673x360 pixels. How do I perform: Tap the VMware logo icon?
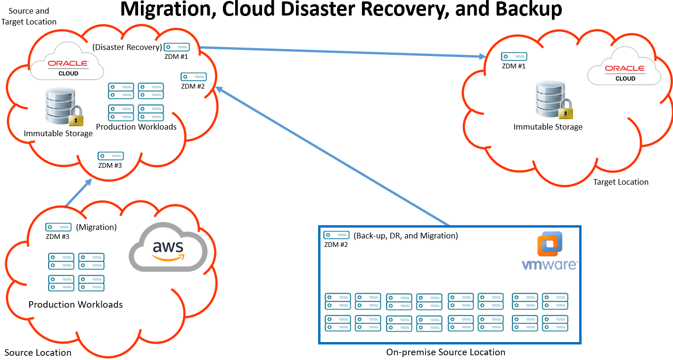[550, 243]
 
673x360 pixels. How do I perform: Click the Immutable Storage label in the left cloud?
[58, 133]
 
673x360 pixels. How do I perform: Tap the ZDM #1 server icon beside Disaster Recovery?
[177, 47]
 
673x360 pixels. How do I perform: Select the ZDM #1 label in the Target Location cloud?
[514, 66]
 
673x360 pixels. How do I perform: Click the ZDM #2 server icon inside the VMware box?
[336, 235]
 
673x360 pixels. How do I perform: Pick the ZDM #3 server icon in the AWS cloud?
[58, 227]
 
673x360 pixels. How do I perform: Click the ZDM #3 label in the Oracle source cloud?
[110, 165]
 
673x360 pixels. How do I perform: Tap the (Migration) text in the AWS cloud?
[96, 227]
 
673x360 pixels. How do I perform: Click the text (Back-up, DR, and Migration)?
[405, 236]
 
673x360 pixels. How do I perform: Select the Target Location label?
[621, 182]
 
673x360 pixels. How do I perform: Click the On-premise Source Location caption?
[445, 352]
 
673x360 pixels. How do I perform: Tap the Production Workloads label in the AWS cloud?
[75, 304]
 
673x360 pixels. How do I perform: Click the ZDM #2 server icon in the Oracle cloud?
[194, 76]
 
